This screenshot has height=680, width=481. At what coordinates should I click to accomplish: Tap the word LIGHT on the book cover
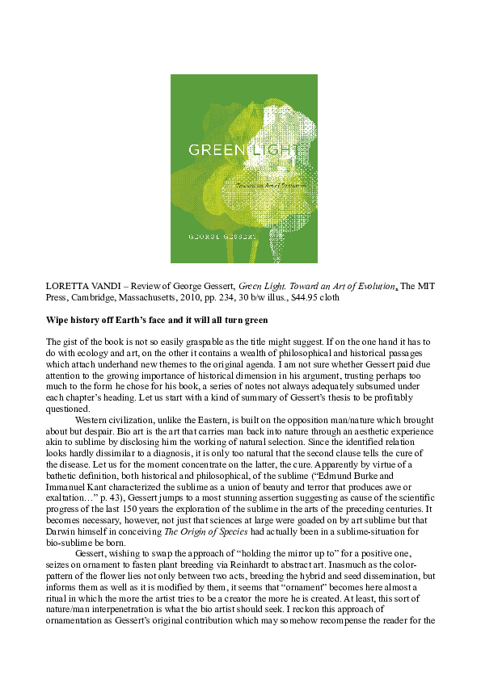[x=253, y=150]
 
